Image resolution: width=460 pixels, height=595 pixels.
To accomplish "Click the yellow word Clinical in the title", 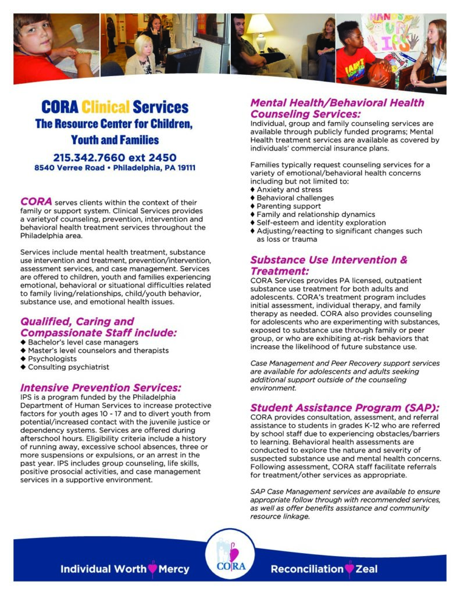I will tap(106, 107).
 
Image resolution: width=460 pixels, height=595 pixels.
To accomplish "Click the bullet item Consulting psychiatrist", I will tap(68, 367).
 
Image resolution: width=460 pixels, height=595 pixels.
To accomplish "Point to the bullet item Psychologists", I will tap(52, 359).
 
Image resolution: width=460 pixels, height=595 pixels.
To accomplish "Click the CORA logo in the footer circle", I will tap(231, 555).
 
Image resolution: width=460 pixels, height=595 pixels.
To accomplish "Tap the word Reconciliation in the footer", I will tap(307, 569).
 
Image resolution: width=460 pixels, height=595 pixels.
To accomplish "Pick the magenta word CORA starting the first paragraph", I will tap(37, 201).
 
